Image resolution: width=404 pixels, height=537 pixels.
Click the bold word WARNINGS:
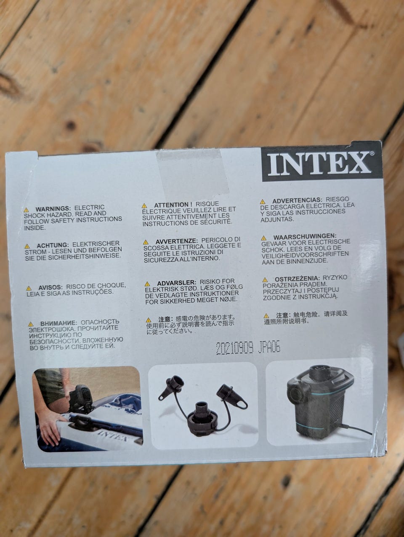pyautogui.click(x=53, y=209)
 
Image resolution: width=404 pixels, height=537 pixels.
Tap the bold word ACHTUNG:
pyautogui.click(x=53, y=245)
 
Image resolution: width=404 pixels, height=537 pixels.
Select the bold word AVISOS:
pyautogui.click(x=50, y=287)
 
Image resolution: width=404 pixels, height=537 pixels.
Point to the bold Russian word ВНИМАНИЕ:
pyautogui.click(x=58, y=323)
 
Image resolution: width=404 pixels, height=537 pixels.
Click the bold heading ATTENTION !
pyautogui.click(x=173, y=205)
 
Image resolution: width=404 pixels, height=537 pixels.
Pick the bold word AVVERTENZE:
pyautogui.click(x=176, y=241)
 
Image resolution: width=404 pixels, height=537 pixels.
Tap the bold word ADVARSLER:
pyautogui.click(x=176, y=283)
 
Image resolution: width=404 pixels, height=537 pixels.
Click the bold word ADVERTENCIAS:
pyautogui.click(x=297, y=200)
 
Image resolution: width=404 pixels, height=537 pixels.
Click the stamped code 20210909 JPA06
pyautogui.click(x=248, y=348)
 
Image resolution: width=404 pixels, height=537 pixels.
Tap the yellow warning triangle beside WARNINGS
pyautogui.click(x=26, y=210)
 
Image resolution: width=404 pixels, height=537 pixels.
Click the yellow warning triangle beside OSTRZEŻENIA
pyautogui.click(x=265, y=280)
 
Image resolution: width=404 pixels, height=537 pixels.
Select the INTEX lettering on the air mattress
pyautogui.click(x=113, y=434)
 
